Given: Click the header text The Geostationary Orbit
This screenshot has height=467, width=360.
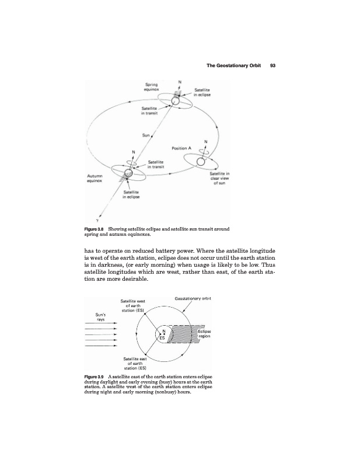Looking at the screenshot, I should (233, 65).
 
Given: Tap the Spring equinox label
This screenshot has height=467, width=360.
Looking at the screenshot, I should (152, 88).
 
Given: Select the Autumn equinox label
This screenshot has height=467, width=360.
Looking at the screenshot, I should (94, 177).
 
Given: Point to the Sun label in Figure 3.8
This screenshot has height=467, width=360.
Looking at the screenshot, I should (146, 135).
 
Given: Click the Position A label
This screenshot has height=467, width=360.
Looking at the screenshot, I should (182, 148).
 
